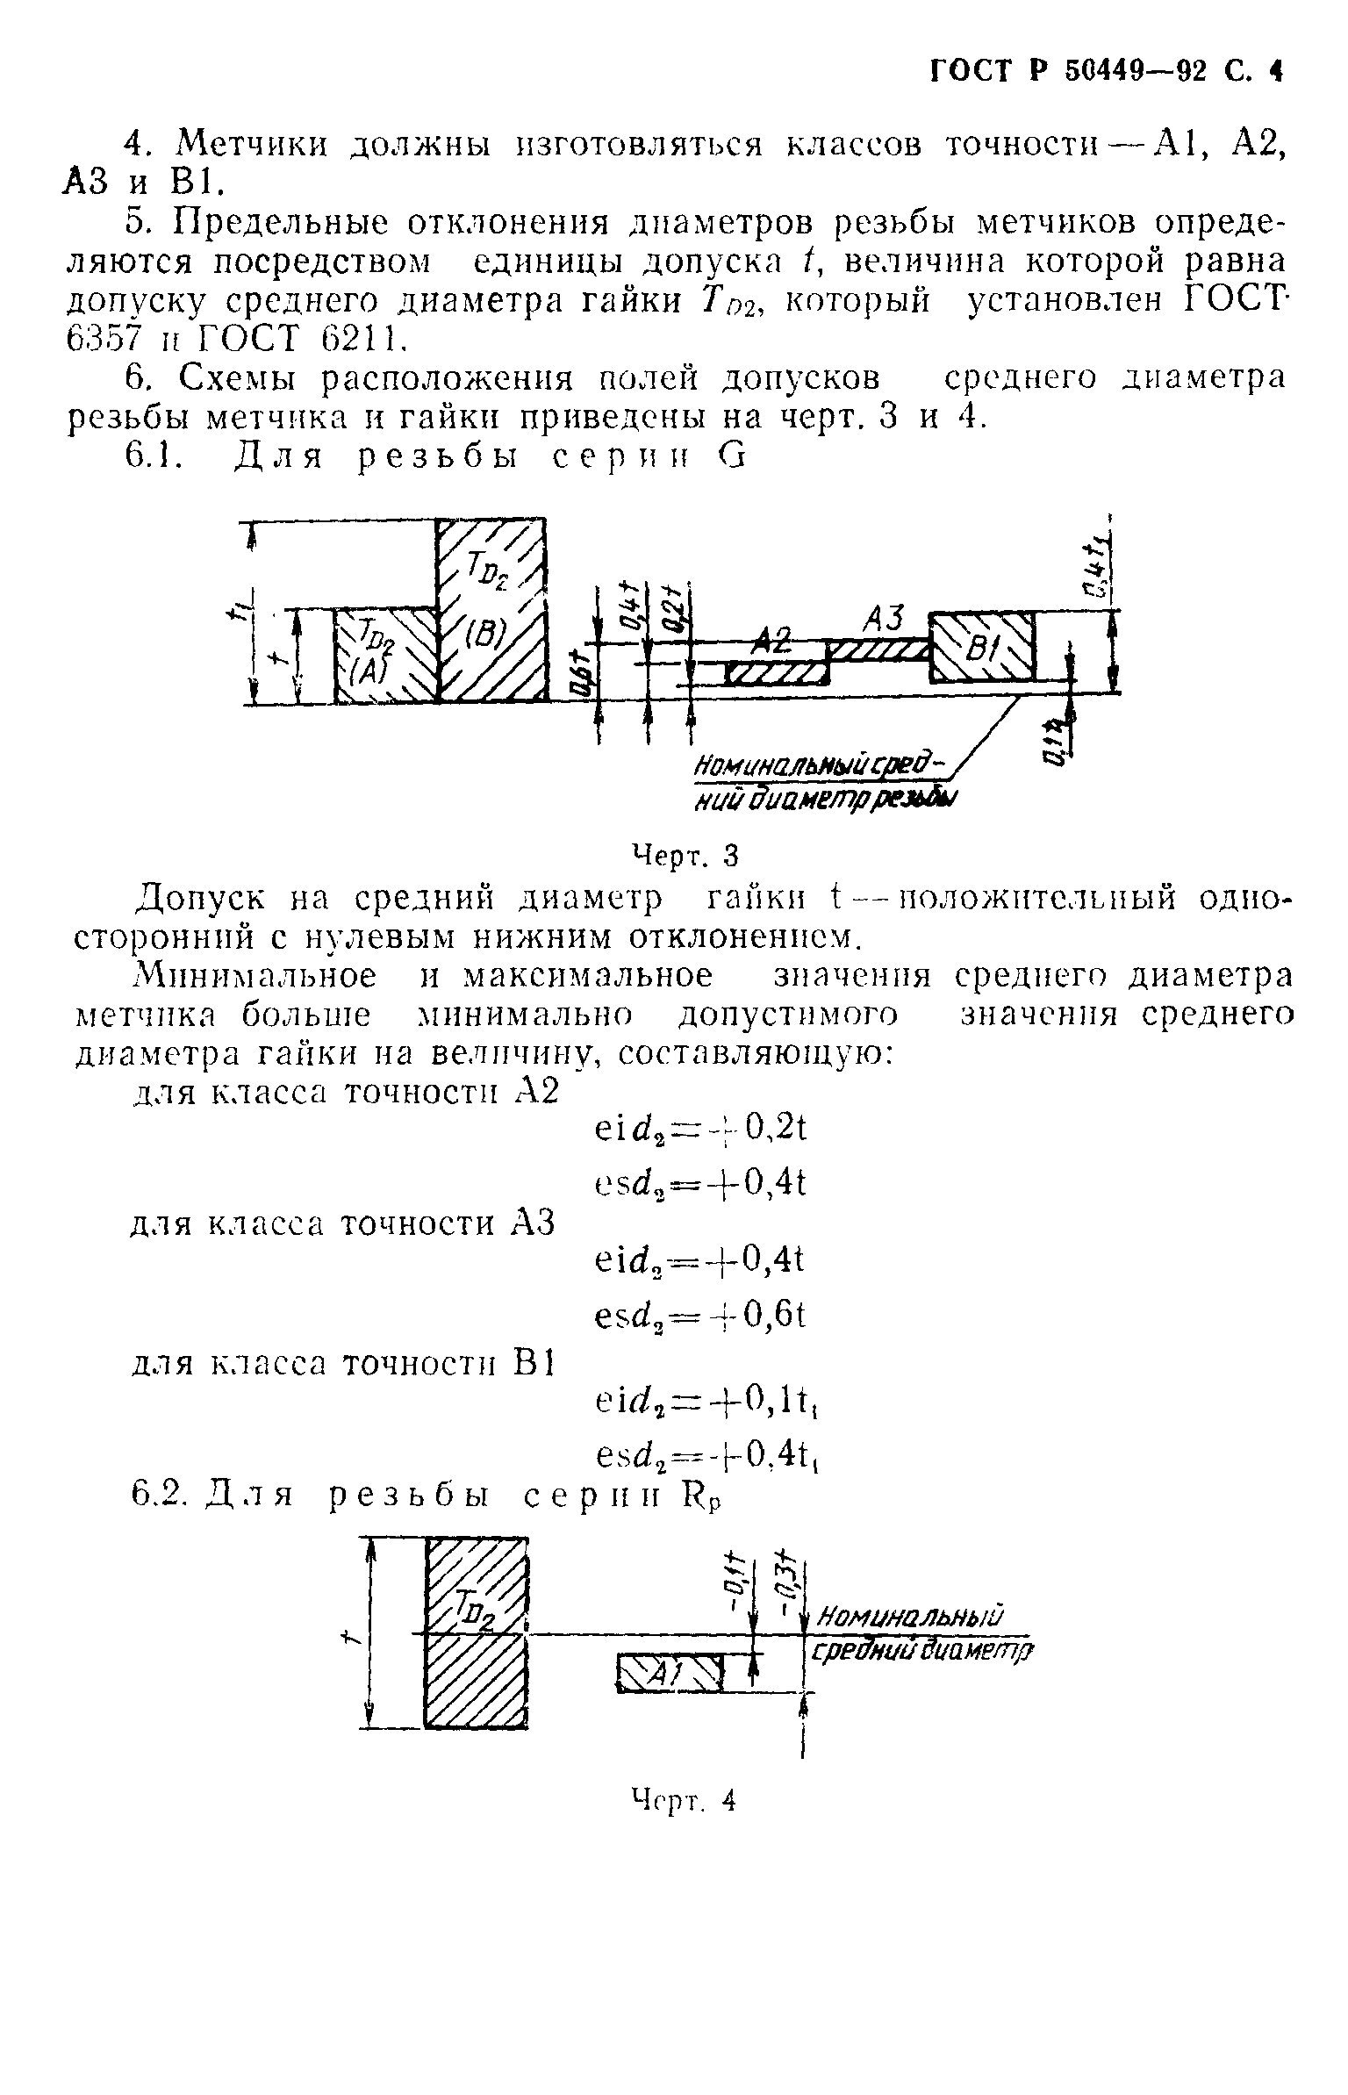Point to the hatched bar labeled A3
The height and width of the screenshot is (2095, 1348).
point(878,649)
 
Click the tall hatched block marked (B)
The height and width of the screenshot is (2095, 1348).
point(491,611)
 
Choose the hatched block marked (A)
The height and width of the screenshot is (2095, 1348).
point(386,655)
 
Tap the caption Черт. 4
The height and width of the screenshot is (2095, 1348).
point(685,1800)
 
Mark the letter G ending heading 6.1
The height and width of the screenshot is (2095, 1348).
point(732,457)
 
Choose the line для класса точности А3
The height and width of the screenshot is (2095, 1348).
point(343,1223)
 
